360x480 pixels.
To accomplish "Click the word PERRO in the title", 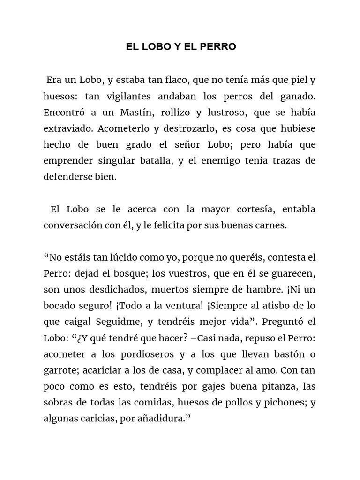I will (219, 47).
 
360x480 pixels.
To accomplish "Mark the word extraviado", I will (65, 128).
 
